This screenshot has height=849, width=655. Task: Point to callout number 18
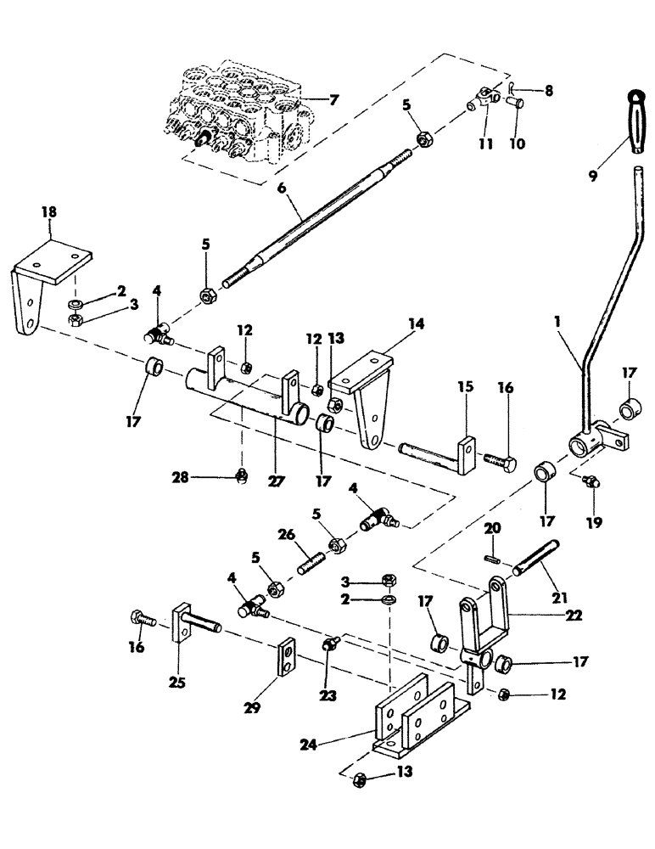tap(49, 209)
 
